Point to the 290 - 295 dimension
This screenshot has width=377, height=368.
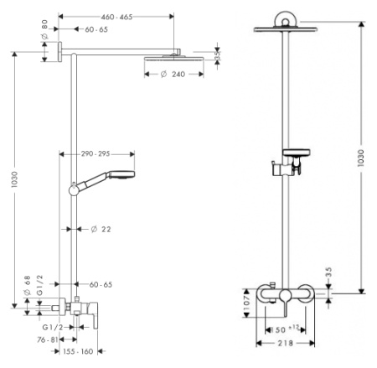click(x=98, y=153)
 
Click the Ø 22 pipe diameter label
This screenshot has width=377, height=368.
click(x=101, y=228)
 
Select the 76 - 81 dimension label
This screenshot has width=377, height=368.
click(x=47, y=340)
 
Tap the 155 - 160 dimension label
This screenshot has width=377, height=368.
click(x=77, y=352)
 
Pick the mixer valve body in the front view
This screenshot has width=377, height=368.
click(x=287, y=295)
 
